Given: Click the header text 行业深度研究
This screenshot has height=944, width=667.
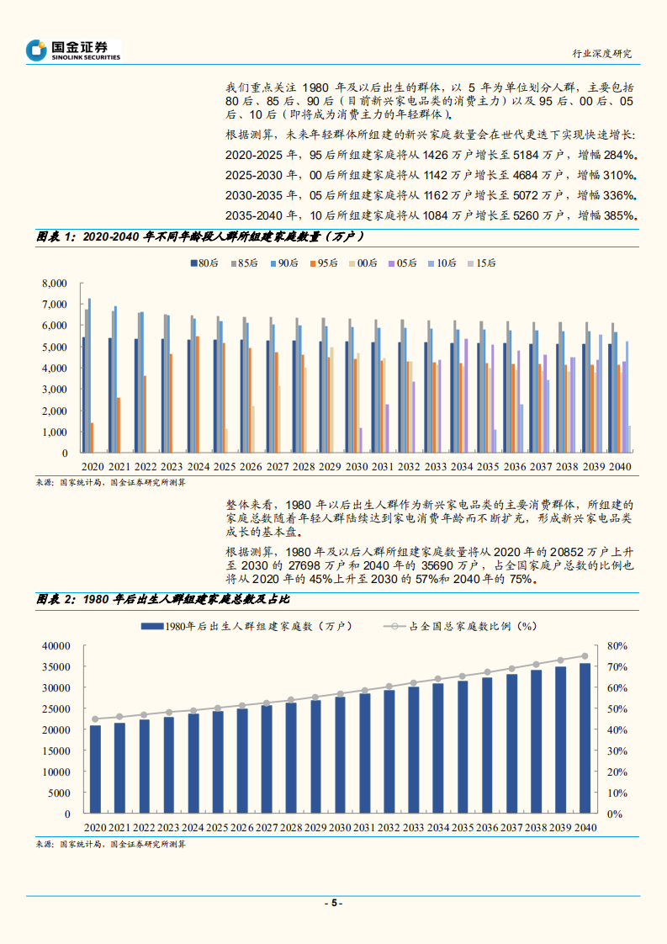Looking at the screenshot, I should (x=601, y=53).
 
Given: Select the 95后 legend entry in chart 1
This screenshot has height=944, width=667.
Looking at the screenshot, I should (x=323, y=263).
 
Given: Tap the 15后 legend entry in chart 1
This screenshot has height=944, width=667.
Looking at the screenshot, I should (x=481, y=263).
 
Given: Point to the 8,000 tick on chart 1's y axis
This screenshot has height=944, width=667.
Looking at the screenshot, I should (x=54, y=283).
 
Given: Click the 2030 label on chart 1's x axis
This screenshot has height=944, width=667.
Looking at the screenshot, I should (x=356, y=465).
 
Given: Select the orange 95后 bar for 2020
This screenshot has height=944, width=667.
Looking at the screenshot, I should (x=93, y=438).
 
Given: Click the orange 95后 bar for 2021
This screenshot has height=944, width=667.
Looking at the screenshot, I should (x=119, y=425).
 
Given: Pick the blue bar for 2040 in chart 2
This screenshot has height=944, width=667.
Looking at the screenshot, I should (x=585, y=739).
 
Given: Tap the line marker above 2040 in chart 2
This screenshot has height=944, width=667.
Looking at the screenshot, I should (x=585, y=656).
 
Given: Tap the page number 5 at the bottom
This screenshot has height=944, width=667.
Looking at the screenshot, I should (x=333, y=903).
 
